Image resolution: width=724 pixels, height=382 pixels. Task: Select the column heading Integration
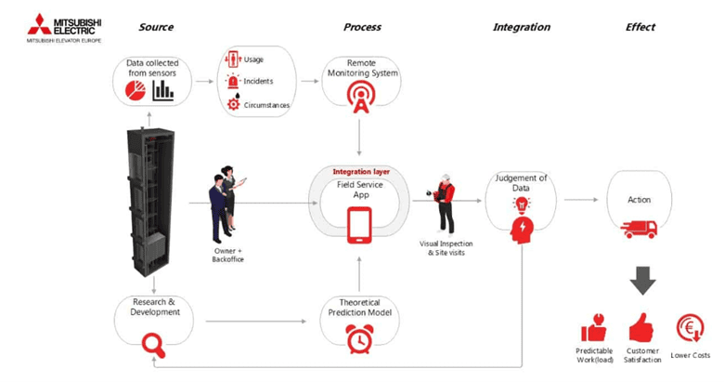[521, 27]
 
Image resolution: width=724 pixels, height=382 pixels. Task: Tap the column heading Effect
[640, 27]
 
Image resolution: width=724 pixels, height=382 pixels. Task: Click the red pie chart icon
[132, 89]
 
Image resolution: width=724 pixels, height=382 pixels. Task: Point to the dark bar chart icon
[163, 89]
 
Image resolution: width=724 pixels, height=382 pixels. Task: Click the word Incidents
[258, 82]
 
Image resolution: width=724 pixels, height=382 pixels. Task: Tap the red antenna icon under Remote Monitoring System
[359, 95]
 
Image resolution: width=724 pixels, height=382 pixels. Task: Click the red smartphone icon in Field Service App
[359, 225]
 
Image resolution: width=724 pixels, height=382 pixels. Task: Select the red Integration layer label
[361, 172]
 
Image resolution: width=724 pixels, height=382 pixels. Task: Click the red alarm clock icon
[359, 341]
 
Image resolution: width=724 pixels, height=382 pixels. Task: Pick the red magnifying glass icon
[153, 345]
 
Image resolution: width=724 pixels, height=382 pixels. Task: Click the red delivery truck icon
[639, 229]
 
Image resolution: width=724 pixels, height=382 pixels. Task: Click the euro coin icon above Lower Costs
[690, 327]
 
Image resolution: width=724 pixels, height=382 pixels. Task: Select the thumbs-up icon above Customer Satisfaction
[640, 327]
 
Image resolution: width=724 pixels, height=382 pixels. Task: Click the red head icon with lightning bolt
[522, 229]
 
